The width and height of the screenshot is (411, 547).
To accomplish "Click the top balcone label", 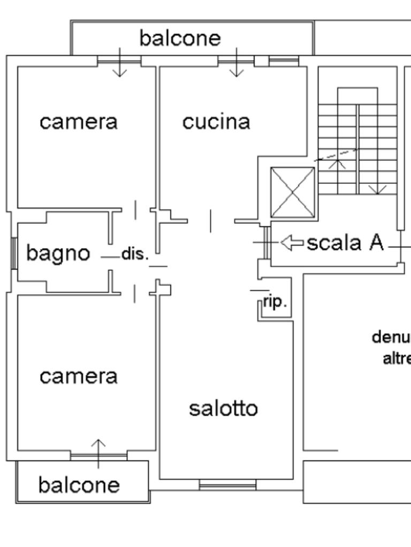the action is tap(180, 38).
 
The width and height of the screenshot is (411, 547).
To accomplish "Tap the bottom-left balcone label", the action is tap(79, 485).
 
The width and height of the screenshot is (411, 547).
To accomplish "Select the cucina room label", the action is tap(216, 122).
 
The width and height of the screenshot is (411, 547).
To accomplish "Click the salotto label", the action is tap(224, 409).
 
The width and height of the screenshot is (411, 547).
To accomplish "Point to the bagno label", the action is tap(58, 253).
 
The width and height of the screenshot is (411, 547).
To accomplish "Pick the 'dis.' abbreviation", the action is tap(134, 254).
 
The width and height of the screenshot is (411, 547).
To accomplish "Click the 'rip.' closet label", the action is tap(276, 302).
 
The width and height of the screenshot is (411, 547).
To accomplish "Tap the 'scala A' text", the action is tap(345, 243).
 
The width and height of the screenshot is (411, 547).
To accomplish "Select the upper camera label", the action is tap(79, 122).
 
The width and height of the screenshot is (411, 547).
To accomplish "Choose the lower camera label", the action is tap(79, 377).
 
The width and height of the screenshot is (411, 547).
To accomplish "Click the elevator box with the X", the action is tap(293, 192).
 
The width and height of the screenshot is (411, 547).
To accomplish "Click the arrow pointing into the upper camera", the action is tap(119, 63).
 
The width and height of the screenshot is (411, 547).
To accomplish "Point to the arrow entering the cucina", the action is tap(237, 63).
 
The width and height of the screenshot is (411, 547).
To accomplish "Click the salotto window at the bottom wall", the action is tap(227, 485).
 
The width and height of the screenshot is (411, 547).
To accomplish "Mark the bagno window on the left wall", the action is tap(13, 253).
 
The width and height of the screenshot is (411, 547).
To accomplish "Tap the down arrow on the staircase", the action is tap(377, 188).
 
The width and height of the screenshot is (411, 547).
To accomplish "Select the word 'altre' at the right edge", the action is tap(397, 358).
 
